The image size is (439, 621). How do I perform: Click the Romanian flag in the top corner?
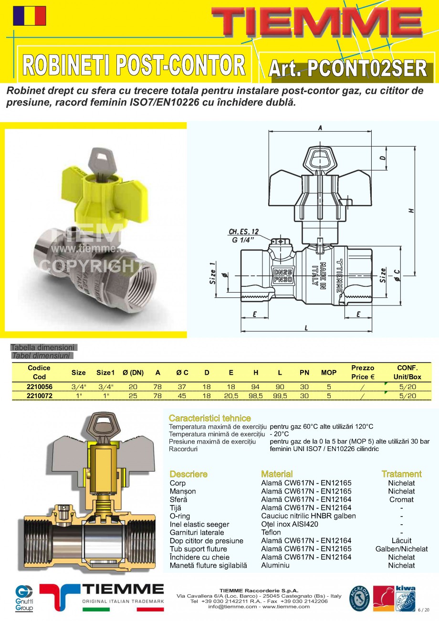pos(30,16)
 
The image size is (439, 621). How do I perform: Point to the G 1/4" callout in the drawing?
pos(243,240)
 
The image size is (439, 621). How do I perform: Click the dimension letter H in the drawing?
pos(411,210)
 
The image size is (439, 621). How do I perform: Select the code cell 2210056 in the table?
pos(40,387)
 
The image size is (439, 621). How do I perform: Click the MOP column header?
pos(328,372)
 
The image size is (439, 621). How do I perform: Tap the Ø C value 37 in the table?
pos(182,387)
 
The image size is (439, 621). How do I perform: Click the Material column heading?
pos(277,474)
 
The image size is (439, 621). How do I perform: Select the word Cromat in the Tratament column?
pos(401,499)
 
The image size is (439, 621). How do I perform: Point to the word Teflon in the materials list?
pos(271,532)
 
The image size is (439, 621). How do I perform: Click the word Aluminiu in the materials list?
pos(275,565)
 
